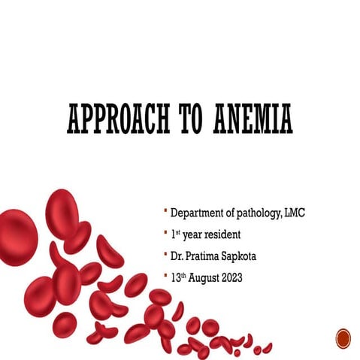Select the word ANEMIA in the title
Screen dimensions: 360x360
point(253,119)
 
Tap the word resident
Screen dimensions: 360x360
point(222,235)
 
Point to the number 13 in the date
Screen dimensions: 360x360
point(175,277)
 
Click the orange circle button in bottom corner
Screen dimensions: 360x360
point(343,337)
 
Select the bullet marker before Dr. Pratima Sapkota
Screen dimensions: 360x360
point(165,254)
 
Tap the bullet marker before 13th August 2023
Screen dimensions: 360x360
point(165,275)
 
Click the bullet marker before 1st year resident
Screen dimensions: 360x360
point(165,233)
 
